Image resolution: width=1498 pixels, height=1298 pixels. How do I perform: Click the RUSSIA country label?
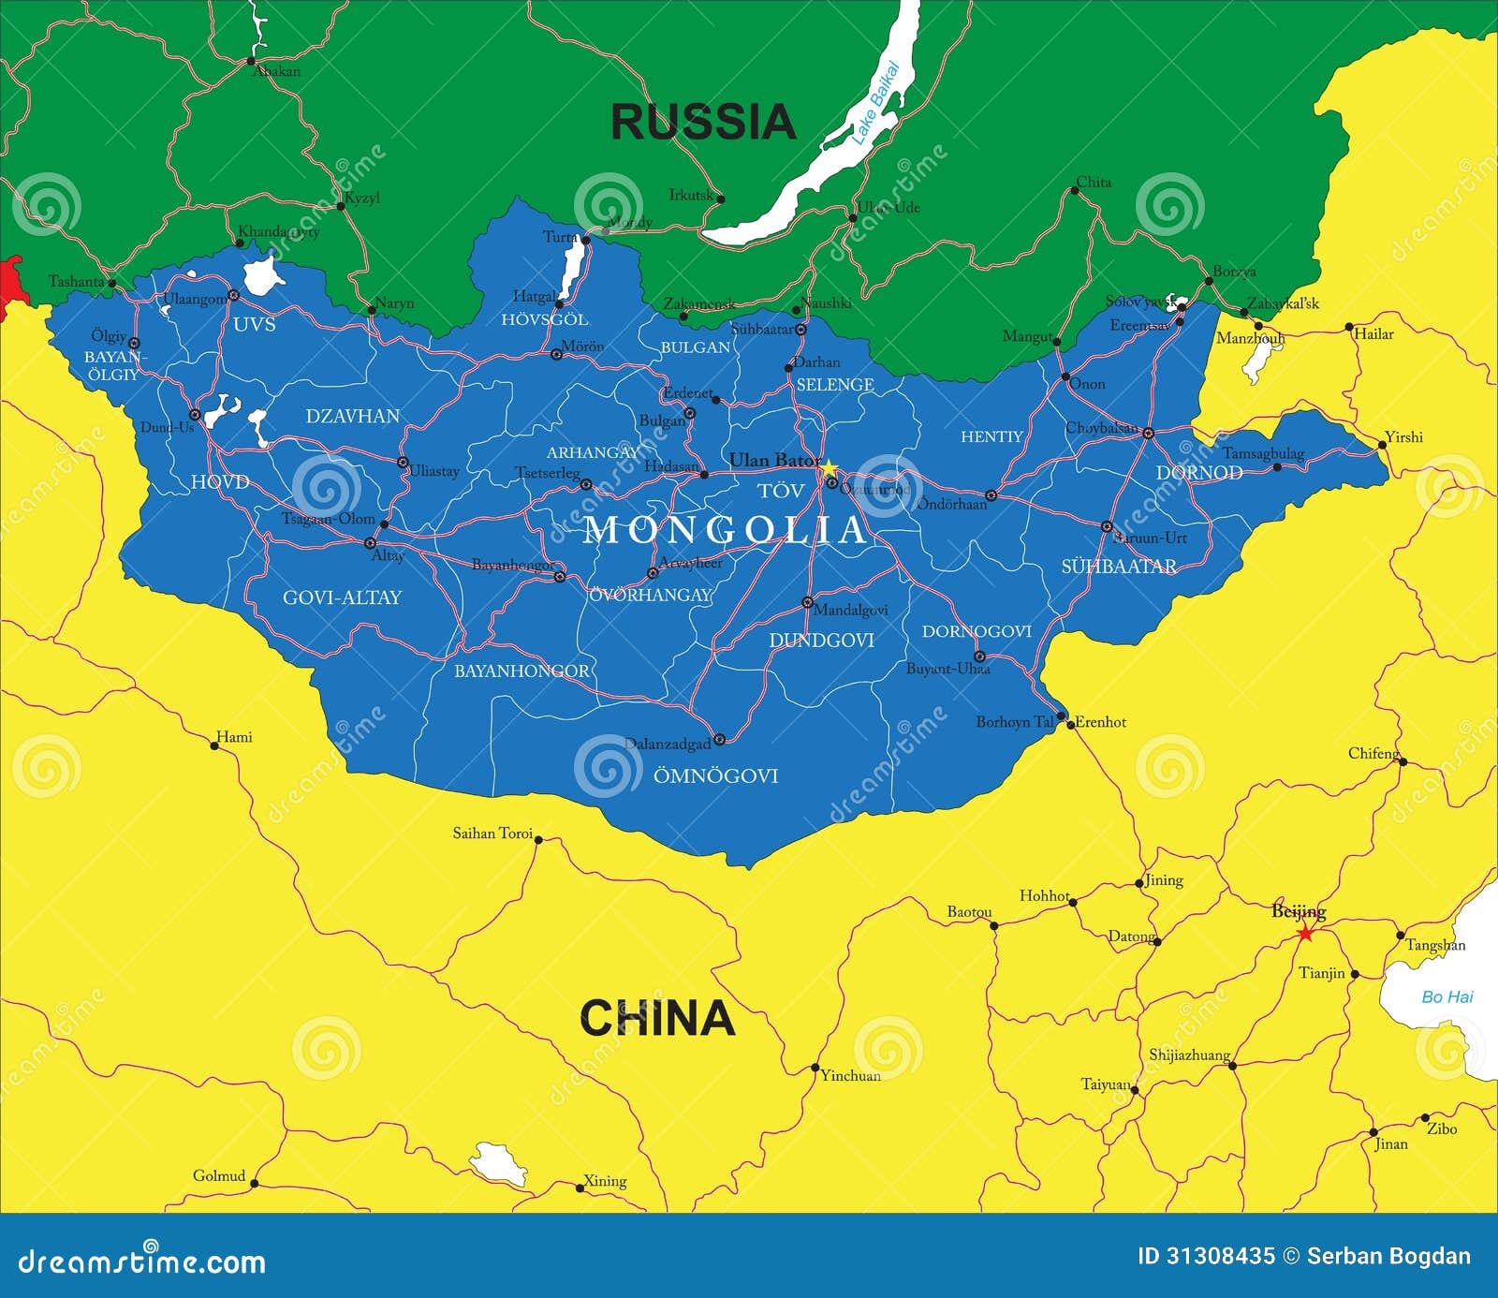click(702, 122)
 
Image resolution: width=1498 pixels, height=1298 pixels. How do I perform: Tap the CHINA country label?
click(656, 1018)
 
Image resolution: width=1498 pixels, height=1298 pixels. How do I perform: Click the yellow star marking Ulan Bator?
click(829, 465)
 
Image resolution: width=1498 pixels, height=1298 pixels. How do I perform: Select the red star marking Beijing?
click(1305, 933)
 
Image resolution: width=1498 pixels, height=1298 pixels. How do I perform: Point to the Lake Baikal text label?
click(874, 103)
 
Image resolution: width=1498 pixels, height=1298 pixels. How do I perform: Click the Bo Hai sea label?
click(1447, 996)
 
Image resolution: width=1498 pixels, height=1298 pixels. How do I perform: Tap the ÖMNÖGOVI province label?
click(715, 775)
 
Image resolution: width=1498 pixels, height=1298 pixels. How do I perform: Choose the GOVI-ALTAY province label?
click(342, 597)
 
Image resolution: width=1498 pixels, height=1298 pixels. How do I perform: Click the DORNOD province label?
click(1198, 472)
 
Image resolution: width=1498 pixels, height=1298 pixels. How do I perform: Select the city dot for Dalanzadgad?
click(719, 739)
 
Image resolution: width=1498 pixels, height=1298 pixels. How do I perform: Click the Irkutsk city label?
click(691, 195)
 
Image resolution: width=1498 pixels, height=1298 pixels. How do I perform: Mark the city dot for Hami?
click(214, 745)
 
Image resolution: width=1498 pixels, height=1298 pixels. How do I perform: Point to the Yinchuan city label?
click(850, 1075)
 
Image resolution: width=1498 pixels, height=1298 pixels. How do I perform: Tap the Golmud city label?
click(219, 1175)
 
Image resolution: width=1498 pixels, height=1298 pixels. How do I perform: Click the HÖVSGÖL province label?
click(544, 319)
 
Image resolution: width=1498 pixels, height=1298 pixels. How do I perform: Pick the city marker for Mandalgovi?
click(807, 602)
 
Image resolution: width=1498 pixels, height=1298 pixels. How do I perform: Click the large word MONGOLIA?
click(726, 530)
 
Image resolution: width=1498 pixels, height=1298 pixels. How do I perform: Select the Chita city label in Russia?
click(1094, 182)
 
